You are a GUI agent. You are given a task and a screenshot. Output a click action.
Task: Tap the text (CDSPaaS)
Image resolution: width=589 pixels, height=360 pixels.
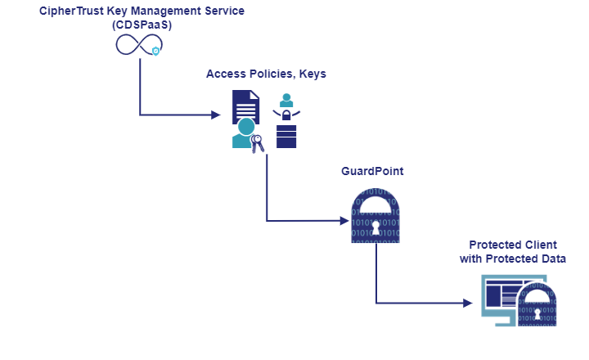click(141, 25)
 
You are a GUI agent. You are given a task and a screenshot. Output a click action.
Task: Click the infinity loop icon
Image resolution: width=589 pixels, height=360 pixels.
click(137, 47)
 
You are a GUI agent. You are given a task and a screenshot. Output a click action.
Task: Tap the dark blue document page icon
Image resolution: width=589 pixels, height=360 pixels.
click(245, 107)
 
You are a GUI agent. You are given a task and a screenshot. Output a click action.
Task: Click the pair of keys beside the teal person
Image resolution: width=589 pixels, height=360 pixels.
click(257, 144)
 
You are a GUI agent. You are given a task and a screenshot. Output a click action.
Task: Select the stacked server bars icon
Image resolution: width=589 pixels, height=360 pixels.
click(286, 137)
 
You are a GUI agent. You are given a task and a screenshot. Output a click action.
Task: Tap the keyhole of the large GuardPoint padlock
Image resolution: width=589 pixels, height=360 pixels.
click(375, 225)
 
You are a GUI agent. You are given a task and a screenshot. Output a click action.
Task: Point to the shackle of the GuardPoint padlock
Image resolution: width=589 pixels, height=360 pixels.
click(375, 199)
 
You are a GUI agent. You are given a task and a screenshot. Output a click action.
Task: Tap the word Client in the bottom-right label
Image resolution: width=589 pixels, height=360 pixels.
click(537, 245)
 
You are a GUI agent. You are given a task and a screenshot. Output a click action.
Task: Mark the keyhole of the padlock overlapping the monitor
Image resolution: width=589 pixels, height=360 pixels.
click(537, 313)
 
